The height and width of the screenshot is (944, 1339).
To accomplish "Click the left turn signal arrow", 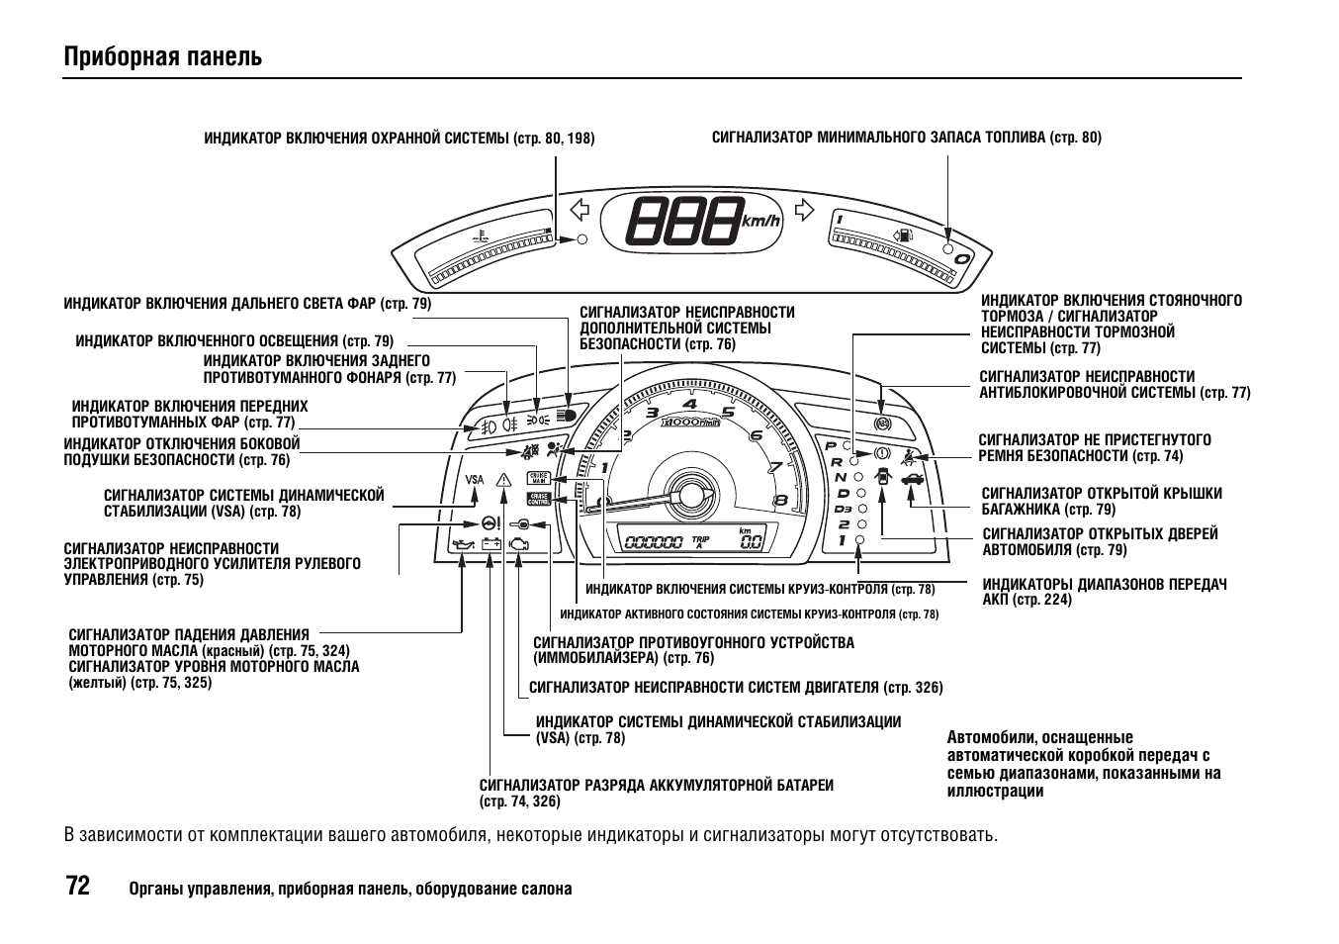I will point(580,210).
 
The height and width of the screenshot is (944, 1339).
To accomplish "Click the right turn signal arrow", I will point(804,210).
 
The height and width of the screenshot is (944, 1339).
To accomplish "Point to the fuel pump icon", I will point(903,236).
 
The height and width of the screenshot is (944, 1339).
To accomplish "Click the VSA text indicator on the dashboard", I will point(475,480).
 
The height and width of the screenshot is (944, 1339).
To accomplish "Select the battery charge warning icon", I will point(491,543).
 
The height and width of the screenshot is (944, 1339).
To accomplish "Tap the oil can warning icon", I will point(462,543).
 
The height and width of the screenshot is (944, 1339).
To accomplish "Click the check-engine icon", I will point(518,543).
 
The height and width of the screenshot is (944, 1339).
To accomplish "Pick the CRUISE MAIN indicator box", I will point(538,479).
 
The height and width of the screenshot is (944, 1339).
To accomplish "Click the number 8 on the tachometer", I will point(779,500).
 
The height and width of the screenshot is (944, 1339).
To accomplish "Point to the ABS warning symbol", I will point(882,423).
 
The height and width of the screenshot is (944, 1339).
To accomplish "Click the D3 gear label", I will point(843,509).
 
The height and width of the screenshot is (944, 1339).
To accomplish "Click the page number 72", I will point(78,886).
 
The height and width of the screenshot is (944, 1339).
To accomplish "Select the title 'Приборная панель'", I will point(163,56).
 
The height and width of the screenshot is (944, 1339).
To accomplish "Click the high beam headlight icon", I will point(566,416).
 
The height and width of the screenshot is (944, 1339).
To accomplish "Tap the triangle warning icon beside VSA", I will point(504,481).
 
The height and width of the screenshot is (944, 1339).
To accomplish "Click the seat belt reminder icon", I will point(909,455).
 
